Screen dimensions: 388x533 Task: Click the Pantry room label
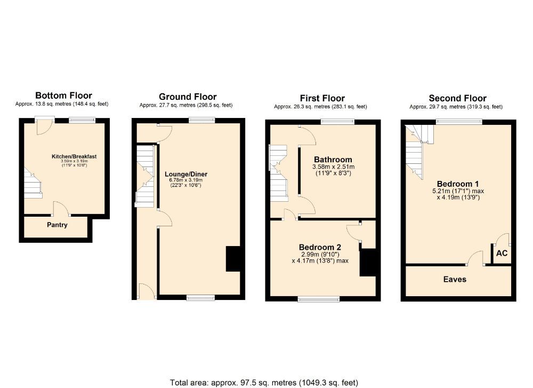point(57,225)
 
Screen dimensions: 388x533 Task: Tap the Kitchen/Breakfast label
point(77,156)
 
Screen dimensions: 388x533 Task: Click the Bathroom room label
point(333,160)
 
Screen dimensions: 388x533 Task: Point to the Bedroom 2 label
point(320,247)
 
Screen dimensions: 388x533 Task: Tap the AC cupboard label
point(502,254)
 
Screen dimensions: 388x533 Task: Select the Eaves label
point(455,279)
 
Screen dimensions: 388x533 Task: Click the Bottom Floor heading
point(63,96)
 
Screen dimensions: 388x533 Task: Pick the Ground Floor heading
point(188,97)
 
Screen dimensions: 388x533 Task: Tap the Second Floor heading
point(457,98)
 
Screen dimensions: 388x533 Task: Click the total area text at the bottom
point(264,382)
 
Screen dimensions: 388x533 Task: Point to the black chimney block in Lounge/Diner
point(233,259)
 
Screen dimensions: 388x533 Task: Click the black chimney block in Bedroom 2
point(368,263)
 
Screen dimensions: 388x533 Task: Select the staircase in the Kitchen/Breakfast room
point(33,184)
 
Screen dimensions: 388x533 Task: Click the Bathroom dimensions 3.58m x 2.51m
point(334,167)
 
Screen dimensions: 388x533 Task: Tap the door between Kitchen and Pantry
point(60,209)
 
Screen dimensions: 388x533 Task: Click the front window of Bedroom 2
point(319,299)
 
